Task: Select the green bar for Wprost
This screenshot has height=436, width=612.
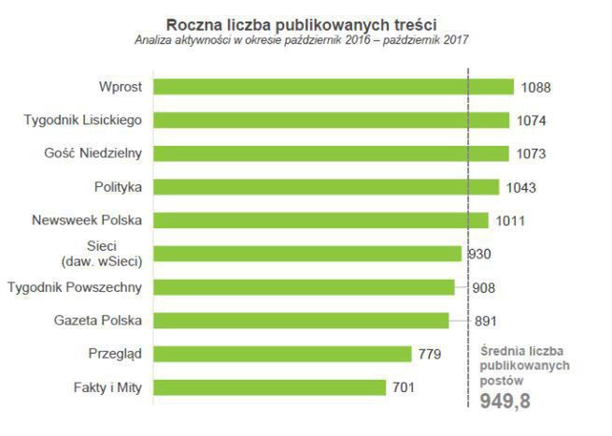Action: [x=334, y=87]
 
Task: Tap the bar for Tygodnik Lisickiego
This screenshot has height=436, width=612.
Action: [x=331, y=120]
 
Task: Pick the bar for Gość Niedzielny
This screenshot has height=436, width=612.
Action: [x=331, y=153]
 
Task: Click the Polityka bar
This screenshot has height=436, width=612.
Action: [x=326, y=187]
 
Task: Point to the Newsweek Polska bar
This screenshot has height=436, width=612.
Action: [x=320, y=221]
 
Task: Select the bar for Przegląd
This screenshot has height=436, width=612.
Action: [x=282, y=354]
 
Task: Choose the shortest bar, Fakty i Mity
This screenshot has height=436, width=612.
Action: [x=269, y=387]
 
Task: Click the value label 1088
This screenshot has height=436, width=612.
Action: [x=536, y=88]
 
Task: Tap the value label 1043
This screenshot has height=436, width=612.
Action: [x=522, y=188]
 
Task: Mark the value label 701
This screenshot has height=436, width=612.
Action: [x=405, y=387]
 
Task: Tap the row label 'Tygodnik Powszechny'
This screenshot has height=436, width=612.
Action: [x=75, y=287]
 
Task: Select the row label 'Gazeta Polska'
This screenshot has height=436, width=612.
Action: [x=98, y=320]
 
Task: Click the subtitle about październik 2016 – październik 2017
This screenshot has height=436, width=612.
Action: [x=301, y=40]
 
